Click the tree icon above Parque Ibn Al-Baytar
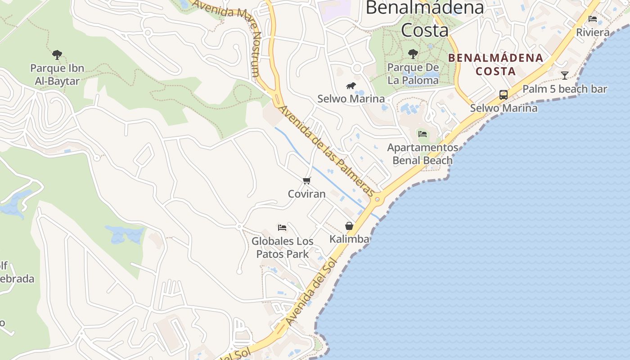57,55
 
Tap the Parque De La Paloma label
413,74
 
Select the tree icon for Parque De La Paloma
413,54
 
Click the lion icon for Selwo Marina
351,85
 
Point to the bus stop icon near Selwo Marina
504,95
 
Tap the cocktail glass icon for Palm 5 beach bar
565,75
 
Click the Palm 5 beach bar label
565,89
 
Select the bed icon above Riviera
593,19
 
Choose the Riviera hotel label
593,32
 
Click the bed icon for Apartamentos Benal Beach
422,134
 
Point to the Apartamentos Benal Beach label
423,154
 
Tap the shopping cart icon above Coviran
307,181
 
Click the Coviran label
307,194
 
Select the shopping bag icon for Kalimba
349,226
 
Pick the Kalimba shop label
349,239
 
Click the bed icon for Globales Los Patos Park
282,228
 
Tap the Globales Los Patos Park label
283,247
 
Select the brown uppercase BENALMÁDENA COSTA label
495,64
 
